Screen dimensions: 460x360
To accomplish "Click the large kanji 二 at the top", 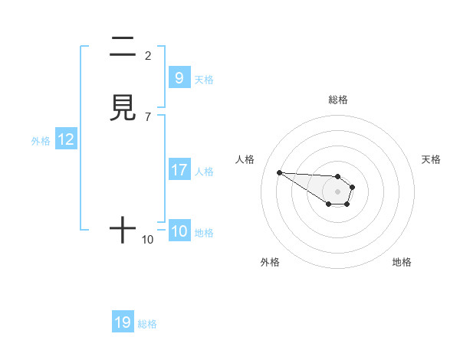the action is pyautogui.click(x=123, y=47).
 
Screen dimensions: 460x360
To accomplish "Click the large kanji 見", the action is pyautogui.click(x=123, y=108).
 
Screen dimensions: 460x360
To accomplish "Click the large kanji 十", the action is pyautogui.click(x=123, y=231).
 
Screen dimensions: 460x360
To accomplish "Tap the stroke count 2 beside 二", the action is pyautogui.click(x=148, y=55).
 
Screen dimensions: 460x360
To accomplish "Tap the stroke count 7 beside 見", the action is pyautogui.click(x=148, y=116).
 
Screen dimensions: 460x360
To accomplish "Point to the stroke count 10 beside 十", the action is pyautogui.click(x=148, y=240).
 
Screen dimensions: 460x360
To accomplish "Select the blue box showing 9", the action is pyautogui.click(x=179, y=78).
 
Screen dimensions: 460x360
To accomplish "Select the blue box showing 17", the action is pyautogui.click(x=179, y=170).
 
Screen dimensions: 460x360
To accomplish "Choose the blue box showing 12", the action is pyautogui.click(x=65, y=139).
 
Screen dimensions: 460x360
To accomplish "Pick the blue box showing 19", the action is pyautogui.click(x=123, y=322).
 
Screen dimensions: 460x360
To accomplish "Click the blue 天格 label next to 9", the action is pyautogui.click(x=203, y=79).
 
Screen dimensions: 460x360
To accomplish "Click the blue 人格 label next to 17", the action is pyautogui.click(x=204, y=171).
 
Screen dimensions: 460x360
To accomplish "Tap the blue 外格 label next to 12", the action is pyautogui.click(x=41, y=140).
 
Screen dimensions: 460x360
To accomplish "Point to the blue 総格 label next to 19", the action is pyautogui.click(x=147, y=324).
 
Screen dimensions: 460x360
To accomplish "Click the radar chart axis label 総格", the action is pyautogui.click(x=337, y=100).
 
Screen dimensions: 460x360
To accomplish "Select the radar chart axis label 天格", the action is pyautogui.click(x=431, y=159).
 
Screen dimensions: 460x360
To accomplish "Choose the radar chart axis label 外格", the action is pyautogui.click(x=270, y=262).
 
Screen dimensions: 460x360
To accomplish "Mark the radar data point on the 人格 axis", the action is pyautogui.click(x=279, y=172).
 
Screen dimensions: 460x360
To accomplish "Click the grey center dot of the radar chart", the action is pyautogui.click(x=337, y=191).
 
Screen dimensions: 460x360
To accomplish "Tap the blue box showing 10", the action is pyautogui.click(x=179, y=231).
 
